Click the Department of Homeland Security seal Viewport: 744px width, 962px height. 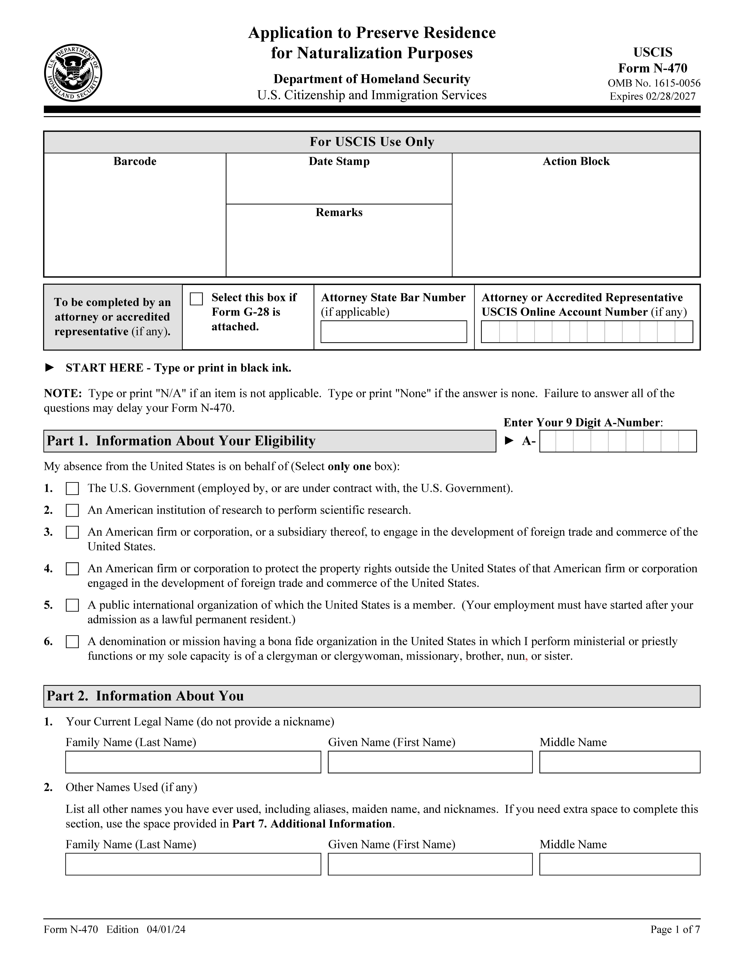tap(73, 73)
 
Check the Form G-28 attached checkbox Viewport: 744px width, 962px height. tap(196, 299)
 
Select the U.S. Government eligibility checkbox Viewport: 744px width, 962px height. tap(72, 488)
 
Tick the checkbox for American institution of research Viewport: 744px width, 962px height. tap(72, 511)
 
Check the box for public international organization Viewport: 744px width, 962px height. tap(72, 605)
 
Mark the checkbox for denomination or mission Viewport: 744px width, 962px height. tap(72, 642)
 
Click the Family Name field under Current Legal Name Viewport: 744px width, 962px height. tap(193, 762)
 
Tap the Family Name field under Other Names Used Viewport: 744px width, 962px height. tap(193, 864)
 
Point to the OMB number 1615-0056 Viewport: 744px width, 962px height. tap(654, 83)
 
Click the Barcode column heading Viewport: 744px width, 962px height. tap(135, 161)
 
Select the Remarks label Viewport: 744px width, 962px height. tap(339, 212)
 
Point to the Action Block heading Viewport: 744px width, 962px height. tap(576, 161)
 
